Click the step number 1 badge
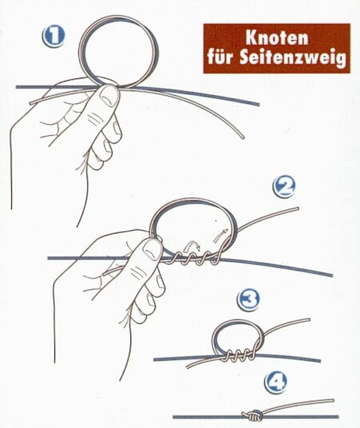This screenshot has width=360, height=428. click(x=54, y=37)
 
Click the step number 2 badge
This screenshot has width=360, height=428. click(x=284, y=186)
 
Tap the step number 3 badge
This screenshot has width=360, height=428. click(x=248, y=299)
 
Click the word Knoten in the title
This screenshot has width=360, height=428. click(x=277, y=38)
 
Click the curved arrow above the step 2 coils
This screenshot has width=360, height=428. click(x=193, y=246)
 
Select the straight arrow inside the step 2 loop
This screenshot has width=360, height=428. click(x=221, y=234)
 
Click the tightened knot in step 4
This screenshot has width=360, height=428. click(x=252, y=415)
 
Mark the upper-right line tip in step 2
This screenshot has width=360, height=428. click(x=298, y=209)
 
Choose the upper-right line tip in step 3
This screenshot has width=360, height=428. click(x=309, y=320)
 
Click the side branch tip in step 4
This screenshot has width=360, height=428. click(x=333, y=401)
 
